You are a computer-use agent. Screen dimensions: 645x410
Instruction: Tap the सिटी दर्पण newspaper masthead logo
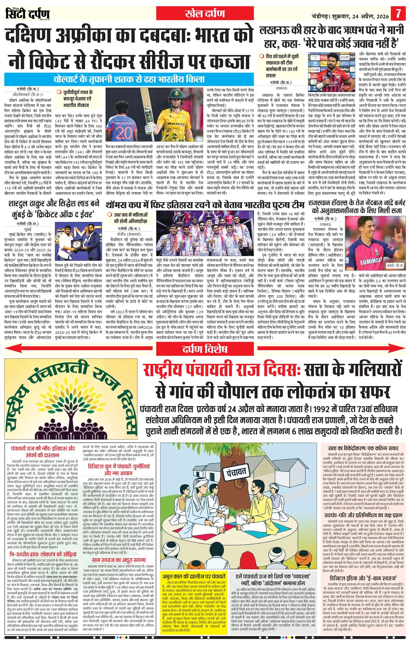pos(28,13)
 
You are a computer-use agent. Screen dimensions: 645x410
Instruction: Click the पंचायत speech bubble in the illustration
pos(237,472)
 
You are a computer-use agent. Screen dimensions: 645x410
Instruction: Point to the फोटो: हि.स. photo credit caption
pos(395,265)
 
